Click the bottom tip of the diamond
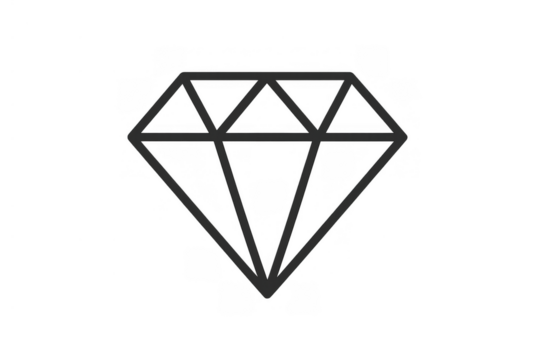[270, 296]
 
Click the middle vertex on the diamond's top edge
[270, 77]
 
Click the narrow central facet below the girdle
[270, 190]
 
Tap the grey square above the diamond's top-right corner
[372, 56]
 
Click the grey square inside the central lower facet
[266, 195]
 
